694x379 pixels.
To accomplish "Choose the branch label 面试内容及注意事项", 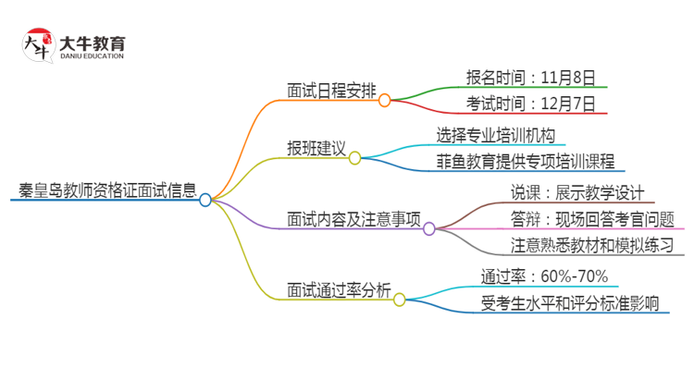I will (354, 221).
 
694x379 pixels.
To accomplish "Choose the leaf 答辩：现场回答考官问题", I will (591, 219).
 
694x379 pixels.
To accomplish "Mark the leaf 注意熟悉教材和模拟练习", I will (592, 247).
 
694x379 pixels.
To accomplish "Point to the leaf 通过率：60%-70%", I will (544, 275).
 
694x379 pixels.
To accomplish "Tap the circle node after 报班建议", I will (354, 158).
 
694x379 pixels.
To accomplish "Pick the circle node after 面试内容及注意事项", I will (429, 228).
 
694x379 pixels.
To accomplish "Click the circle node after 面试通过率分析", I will (400, 299).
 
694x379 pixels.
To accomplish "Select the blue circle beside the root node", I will (205, 199).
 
